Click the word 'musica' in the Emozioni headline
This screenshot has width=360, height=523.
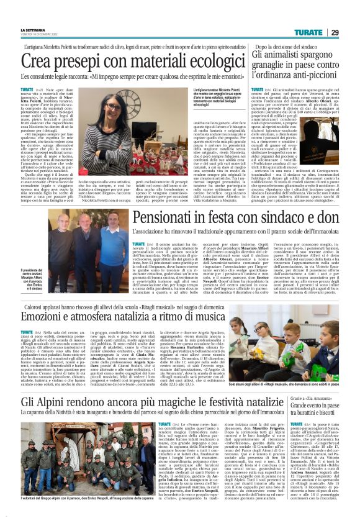pos(215,315)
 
